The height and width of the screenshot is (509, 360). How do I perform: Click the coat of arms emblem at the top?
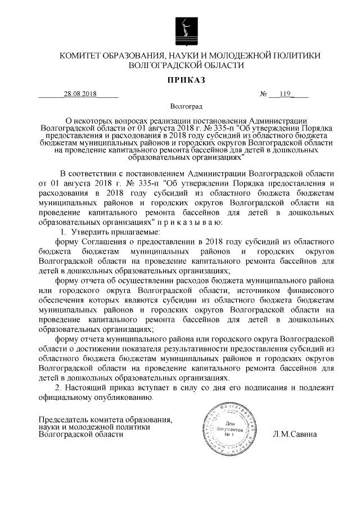pos(186,28)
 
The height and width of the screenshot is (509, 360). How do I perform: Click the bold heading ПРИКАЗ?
pos(186,82)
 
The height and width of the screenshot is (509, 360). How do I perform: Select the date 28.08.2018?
pos(80,94)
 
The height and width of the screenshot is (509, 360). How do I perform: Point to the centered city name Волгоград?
pos(186,106)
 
